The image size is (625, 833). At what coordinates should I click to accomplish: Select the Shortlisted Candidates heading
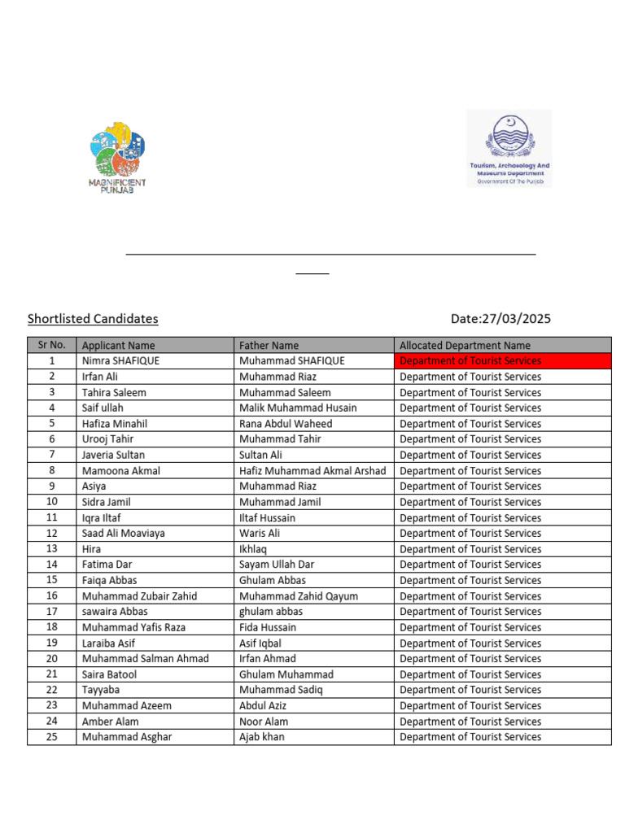coord(93,319)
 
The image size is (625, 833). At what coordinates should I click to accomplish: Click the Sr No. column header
coord(51,345)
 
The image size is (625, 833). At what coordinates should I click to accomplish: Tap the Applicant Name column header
coord(118,346)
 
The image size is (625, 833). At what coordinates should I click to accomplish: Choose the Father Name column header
coord(269,346)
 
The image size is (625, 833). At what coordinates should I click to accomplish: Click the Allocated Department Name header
coord(465,346)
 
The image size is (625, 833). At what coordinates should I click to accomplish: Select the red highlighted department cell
coord(502,361)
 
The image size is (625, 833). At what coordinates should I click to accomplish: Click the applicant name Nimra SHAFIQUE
coord(120,361)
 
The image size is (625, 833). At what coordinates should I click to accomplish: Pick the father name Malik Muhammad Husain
coord(298,408)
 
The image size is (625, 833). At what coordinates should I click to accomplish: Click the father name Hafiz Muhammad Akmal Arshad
coord(312,470)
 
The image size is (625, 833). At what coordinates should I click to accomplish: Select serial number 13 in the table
coord(51,549)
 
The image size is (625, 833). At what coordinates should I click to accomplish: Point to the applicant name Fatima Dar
coord(107,565)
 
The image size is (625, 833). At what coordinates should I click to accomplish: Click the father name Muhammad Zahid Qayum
coord(298,596)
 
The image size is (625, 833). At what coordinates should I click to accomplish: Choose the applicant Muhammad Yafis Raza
coord(133,627)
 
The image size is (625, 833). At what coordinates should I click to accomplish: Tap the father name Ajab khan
coord(261,737)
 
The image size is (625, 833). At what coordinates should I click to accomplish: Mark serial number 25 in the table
coord(51,737)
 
